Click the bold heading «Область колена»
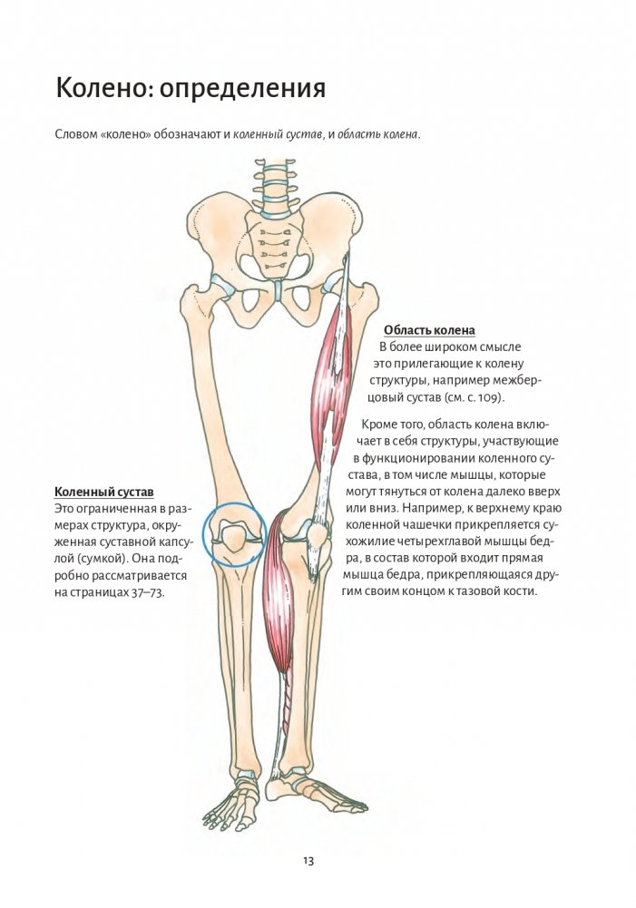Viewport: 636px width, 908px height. (x=429, y=330)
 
